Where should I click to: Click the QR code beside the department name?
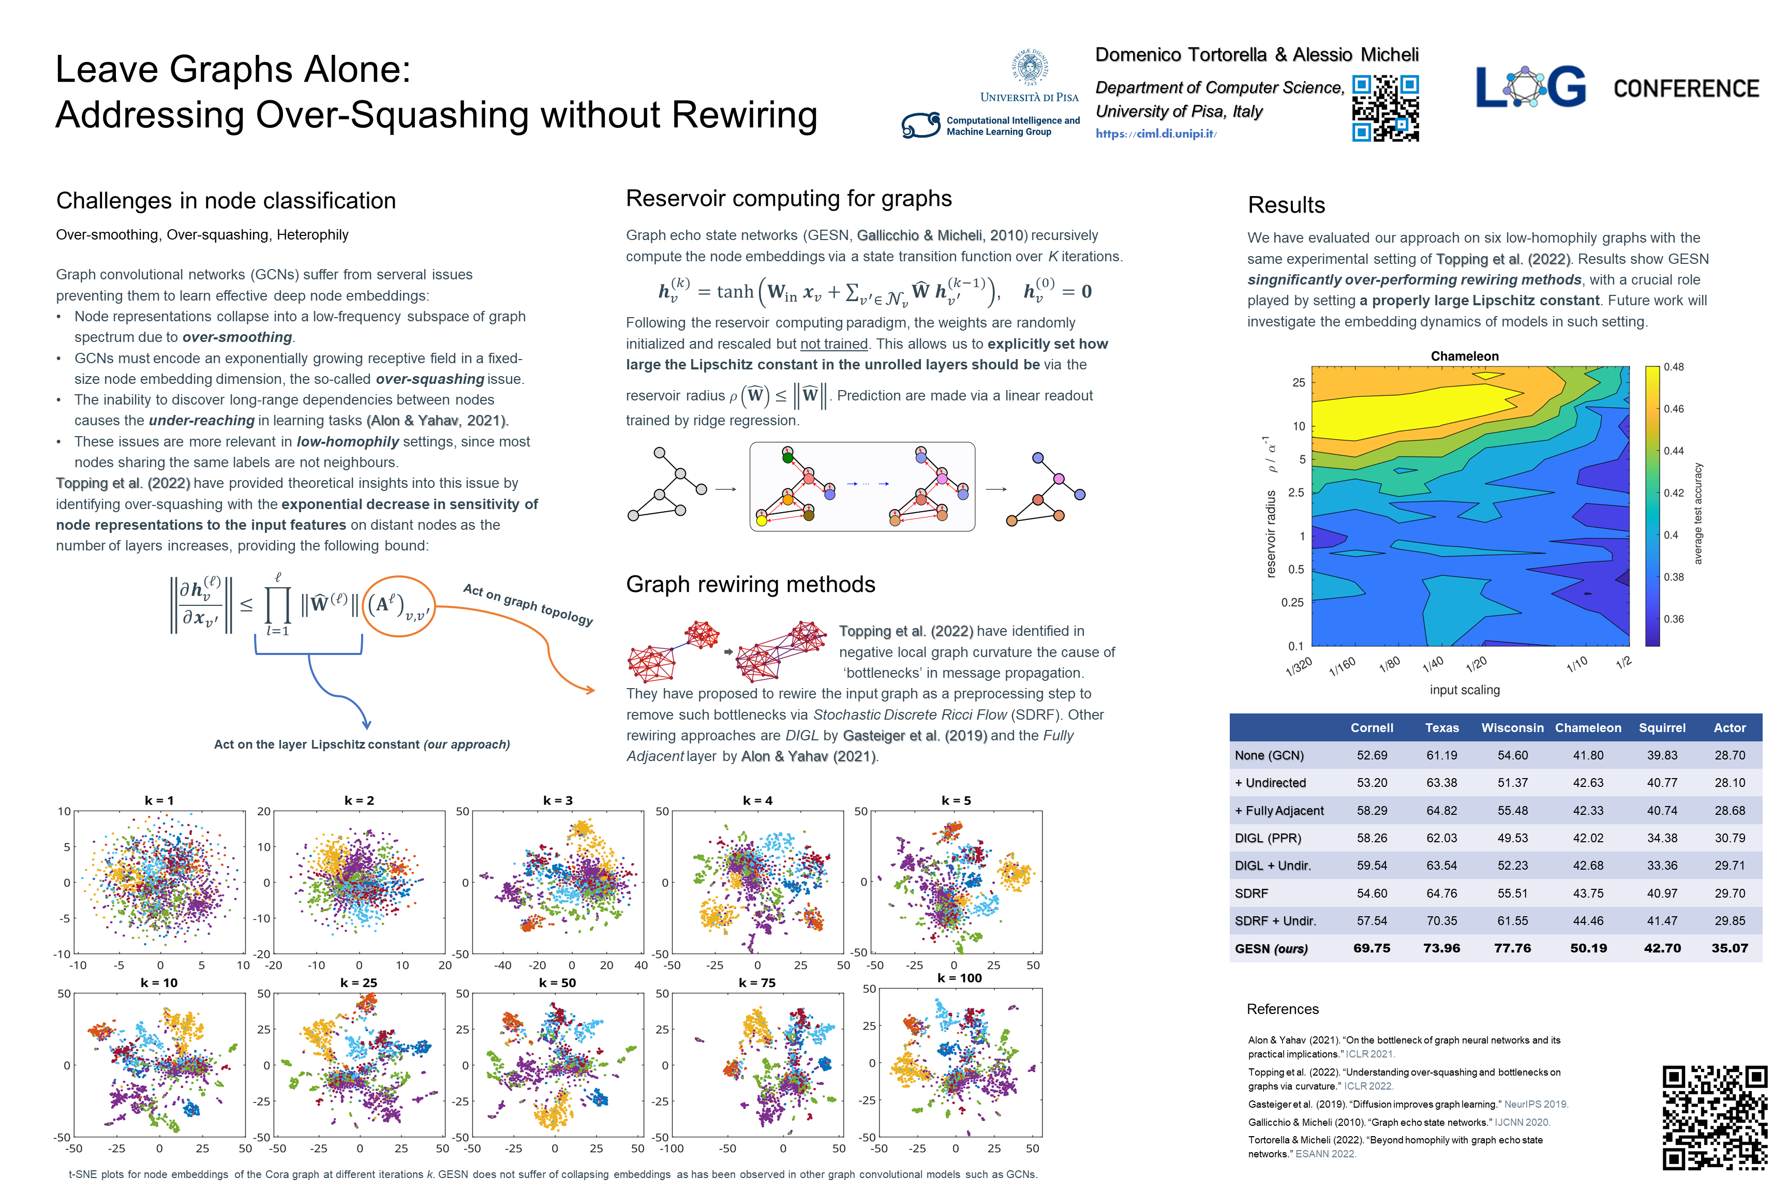(x=1385, y=108)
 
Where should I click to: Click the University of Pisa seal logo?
(x=1030, y=68)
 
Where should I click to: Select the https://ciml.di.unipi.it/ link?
(x=1155, y=134)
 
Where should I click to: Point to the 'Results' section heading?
(x=1286, y=205)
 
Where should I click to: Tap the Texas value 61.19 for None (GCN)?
(x=1441, y=755)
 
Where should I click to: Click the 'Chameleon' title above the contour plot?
(x=1464, y=356)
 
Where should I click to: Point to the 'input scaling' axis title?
(x=1464, y=690)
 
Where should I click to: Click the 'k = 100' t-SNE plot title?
(x=959, y=978)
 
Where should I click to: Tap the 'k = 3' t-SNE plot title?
(x=558, y=800)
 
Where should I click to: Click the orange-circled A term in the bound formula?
(x=398, y=606)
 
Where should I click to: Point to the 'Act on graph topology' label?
(x=528, y=604)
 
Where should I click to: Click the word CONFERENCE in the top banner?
(x=1686, y=89)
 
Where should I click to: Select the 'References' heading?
(x=1283, y=1009)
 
